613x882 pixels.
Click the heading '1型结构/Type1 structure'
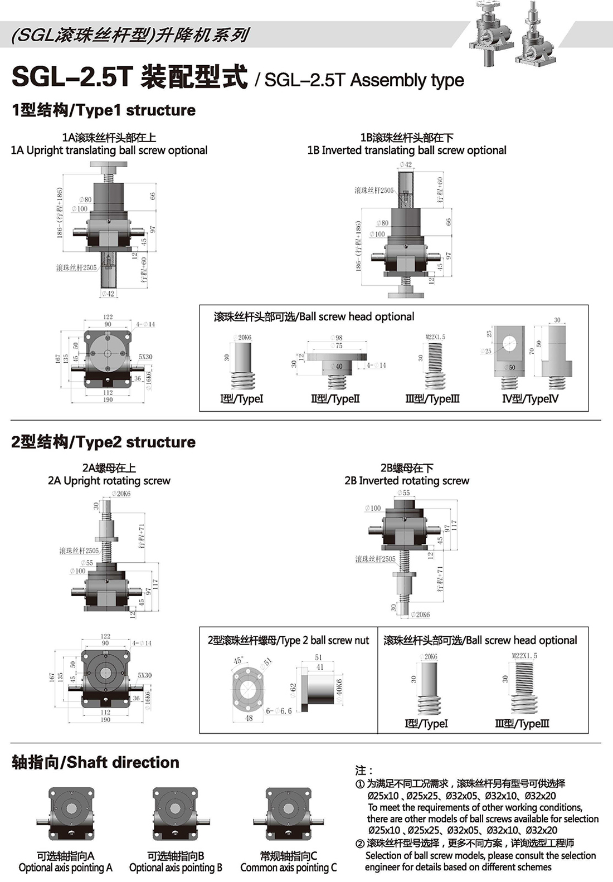tap(104, 110)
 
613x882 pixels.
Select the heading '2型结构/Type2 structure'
tap(104, 442)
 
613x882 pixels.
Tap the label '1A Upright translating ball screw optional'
tap(109, 150)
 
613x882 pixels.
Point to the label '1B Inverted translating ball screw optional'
tap(407, 150)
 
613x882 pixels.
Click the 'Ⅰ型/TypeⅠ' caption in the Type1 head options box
tap(241, 399)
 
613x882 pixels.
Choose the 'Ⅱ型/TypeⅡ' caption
tap(335, 399)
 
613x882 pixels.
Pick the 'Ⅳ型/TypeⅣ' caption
tap(530, 399)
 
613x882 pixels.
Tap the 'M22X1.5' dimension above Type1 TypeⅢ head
tap(435, 337)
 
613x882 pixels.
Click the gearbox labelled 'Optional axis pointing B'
tap(175, 815)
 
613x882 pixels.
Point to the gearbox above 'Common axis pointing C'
tap(288, 815)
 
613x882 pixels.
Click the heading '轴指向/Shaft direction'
tap(95, 763)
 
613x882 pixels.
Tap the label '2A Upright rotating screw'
tap(109, 481)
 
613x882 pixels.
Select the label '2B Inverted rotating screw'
tap(407, 481)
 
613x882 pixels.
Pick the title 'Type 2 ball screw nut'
tap(288, 641)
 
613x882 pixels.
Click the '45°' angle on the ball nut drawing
tap(239, 661)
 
